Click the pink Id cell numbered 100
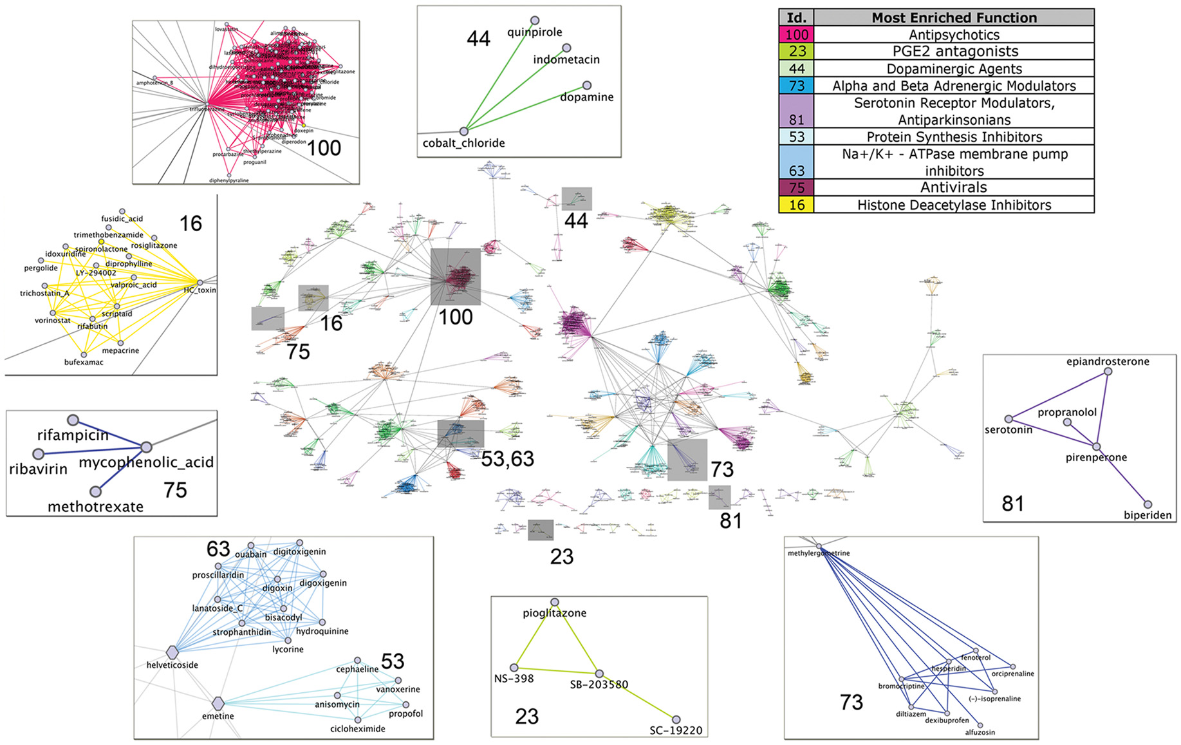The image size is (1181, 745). point(796,35)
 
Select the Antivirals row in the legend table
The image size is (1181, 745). point(954,187)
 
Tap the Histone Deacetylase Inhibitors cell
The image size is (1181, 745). point(954,205)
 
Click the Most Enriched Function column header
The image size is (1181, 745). point(954,17)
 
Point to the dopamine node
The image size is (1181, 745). point(586,86)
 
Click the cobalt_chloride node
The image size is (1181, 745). point(463,131)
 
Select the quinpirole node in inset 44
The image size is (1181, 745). point(534,21)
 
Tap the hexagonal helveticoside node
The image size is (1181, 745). point(172,652)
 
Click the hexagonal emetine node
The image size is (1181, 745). point(218,703)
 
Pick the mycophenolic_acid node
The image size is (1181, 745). point(146,447)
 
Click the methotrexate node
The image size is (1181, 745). point(95,492)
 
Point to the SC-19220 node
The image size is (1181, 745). point(676,719)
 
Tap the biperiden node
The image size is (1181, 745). point(1147,505)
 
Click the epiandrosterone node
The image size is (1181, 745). point(1108,372)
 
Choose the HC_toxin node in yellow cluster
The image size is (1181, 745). point(200,283)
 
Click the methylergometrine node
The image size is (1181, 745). point(819,546)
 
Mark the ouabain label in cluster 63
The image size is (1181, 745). point(250,554)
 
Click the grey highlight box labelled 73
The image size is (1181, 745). point(687,460)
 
